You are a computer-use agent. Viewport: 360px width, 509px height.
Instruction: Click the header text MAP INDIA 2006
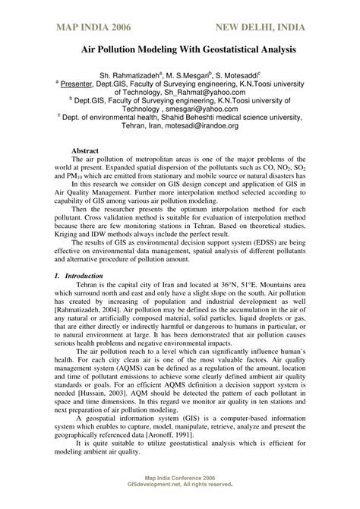[x=92, y=28]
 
